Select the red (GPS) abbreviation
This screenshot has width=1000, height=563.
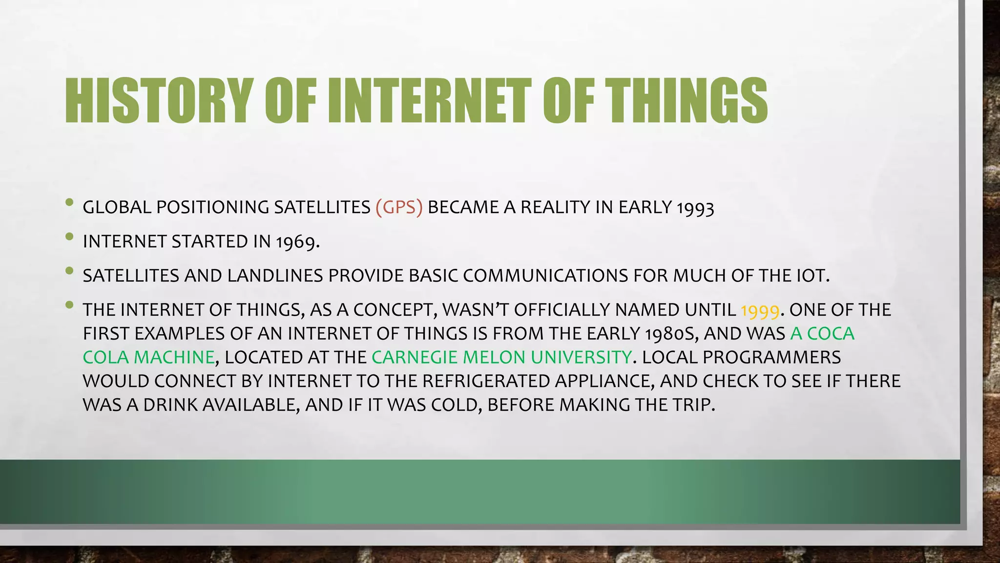(399, 207)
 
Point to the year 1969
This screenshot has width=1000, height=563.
(297, 242)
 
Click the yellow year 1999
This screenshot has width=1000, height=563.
(760, 310)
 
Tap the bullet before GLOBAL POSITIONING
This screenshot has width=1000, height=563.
(69, 202)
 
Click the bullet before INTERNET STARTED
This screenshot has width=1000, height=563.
(69, 237)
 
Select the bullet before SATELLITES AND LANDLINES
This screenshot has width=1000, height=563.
(69, 271)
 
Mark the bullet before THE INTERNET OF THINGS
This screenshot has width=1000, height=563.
(69, 305)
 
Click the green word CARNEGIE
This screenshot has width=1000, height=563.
(415, 357)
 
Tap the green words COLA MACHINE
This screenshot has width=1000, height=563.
(148, 357)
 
